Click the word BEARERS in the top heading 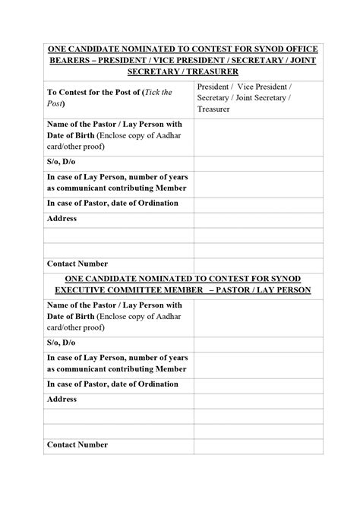[x=71, y=60]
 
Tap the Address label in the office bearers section [x=62, y=218]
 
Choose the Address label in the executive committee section [x=62, y=398]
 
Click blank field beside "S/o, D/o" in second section [x=258, y=343]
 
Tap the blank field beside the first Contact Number [x=258, y=264]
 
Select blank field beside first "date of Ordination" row [x=258, y=203]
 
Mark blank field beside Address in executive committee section [x=258, y=398]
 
